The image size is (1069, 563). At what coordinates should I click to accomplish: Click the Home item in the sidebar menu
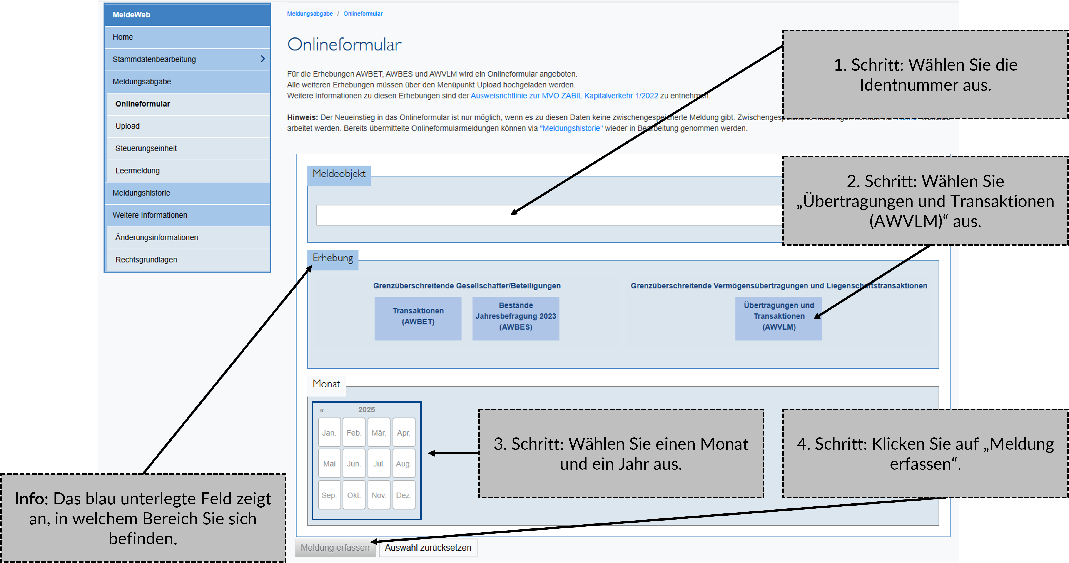tap(123, 37)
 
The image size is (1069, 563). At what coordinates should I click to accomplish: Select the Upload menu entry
tap(127, 126)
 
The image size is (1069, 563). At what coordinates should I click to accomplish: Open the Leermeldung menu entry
tap(137, 171)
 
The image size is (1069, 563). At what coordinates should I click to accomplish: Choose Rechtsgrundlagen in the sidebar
tap(146, 260)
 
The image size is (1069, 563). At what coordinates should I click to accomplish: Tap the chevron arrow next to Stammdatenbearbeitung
tap(262, 59)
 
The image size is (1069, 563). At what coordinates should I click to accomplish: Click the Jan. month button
tap(329, 433)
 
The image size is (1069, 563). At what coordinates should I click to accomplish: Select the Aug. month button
tap(403, 464)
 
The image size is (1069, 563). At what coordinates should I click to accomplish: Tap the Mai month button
tap(329, 464)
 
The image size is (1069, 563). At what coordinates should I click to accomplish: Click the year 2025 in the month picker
tap(366, 409)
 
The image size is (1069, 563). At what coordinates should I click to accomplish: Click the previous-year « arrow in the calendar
tap(322, 410)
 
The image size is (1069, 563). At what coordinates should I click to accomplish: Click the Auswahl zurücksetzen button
tap(428, 548)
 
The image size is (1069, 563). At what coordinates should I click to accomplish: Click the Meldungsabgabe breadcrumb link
tap(310, 14)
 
